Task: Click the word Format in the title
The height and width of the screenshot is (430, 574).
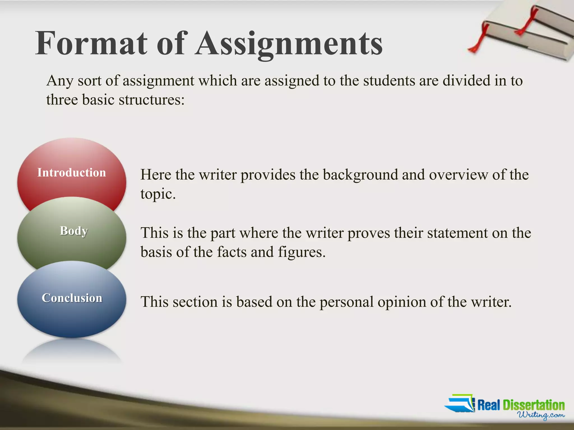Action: click(91, 43)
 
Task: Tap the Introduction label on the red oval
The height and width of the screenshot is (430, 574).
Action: click(72, 172)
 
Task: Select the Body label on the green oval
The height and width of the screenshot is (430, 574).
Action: click(74, 231)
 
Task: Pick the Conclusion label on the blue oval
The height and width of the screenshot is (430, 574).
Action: click(72, 298)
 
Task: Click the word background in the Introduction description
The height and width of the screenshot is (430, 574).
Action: click(360, 175)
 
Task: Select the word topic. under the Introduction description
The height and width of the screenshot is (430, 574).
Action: click(158, 194)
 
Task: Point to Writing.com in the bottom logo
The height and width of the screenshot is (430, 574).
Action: click(541, 415)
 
